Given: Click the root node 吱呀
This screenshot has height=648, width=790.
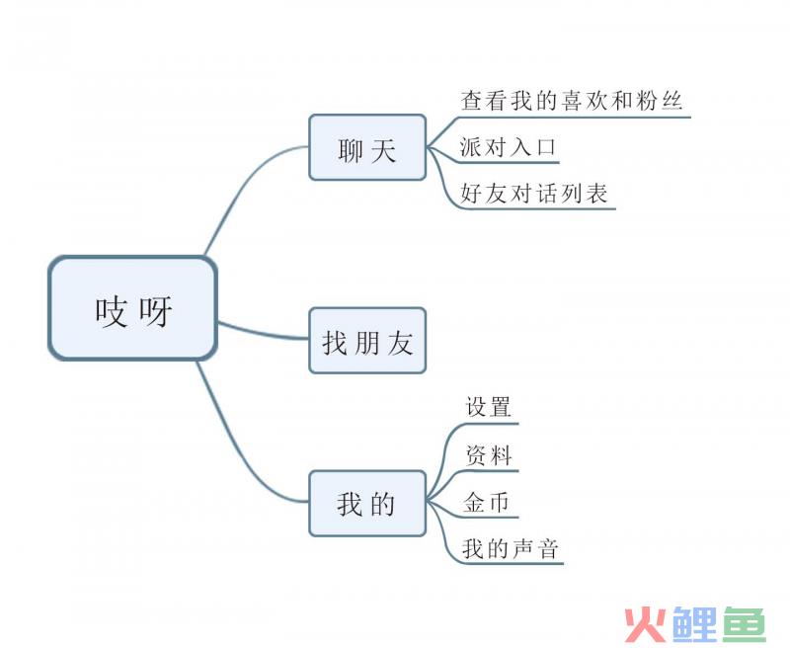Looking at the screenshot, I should coord(132,309).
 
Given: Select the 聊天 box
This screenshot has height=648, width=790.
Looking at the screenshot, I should coord(366,148).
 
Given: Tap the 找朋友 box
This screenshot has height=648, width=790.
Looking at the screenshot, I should coord(366,341).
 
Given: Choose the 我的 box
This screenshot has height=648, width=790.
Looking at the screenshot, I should coord(366,503).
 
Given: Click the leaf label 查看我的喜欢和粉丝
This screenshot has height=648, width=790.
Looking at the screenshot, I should coord(572,101).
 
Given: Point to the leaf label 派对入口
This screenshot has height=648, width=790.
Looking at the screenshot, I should coord(509,147).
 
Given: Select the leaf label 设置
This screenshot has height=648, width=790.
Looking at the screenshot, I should coord(488,406).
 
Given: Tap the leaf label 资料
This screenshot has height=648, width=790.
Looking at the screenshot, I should coord(488,454).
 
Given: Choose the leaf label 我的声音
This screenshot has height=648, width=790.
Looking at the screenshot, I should coord(511,548).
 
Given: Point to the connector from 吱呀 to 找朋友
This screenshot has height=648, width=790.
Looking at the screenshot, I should coord(263,332).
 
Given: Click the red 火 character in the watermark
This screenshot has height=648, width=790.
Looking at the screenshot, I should coord(645,623).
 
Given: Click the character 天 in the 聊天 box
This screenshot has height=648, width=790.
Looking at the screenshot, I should coord(384,151).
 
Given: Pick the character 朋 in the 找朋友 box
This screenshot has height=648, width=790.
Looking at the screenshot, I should coord(367,343).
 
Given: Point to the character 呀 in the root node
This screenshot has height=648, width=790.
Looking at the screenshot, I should coord(155,311).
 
